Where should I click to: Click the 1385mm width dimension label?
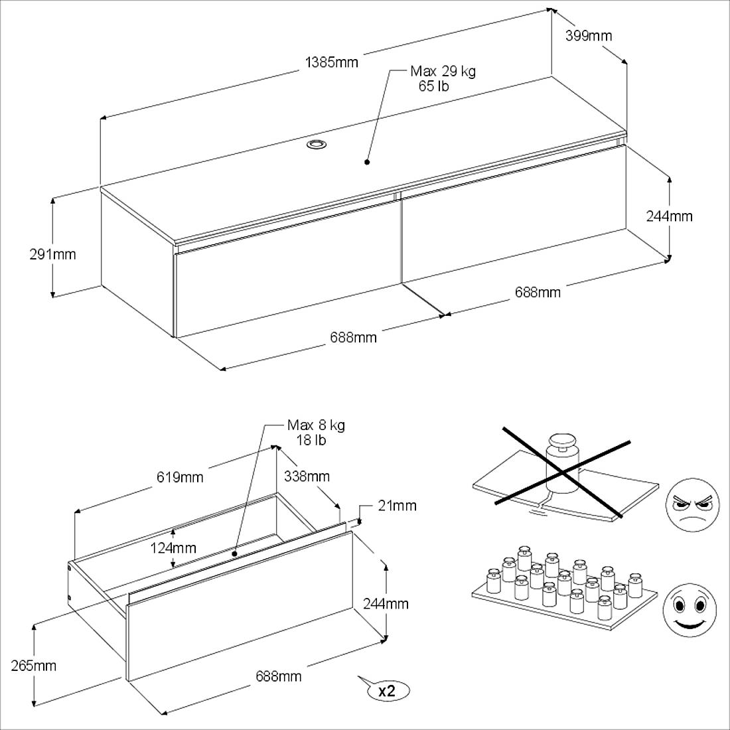pyautogui.click(x=331, y=62)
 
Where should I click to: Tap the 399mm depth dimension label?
pyautogui.click(x=588, y=36)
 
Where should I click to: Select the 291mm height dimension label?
pyautogui.click(x=52, y=254)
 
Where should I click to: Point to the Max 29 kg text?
pyautogui.click(x=443, y=72)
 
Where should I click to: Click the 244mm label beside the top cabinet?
pyautogui.click(x=669, y=216)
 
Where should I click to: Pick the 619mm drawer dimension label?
pyautogui.click(x=180, y=477)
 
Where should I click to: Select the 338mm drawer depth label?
pyautogui.click(x=307, y=476)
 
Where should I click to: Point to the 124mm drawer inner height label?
pyautogui.click(x=173, y=548)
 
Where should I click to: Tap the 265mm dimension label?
pyautogui.click(x=34, y=666)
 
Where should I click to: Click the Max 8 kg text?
pyautogui.click(x=316, y=425)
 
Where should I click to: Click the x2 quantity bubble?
pyautogui.click(x=387, y=690)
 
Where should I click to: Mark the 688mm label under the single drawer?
pyautogui.click(x=279, y=676)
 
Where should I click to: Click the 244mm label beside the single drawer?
pyautogui.click(x=386, y=604)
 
